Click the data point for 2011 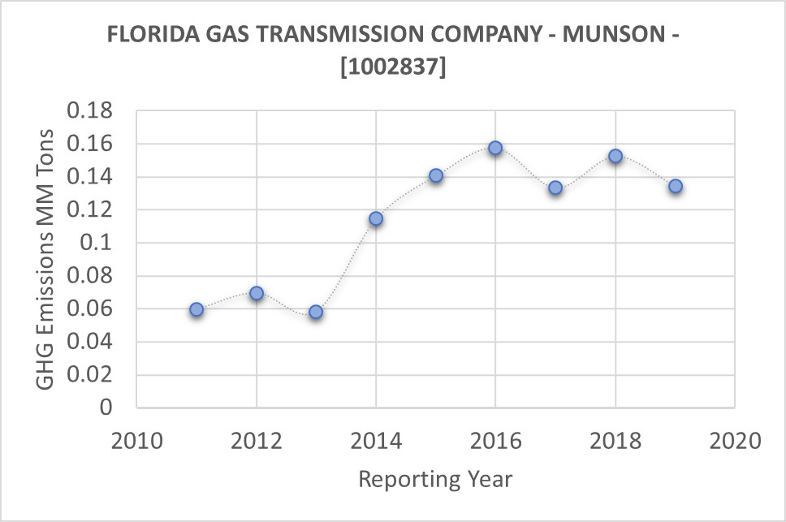pyautogui.click(x=196, y=309)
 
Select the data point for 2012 pyautogui.click(x=257, y=293)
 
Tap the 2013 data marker pyautogui.click(x=316, y=312)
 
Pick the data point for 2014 pyautogui.click(x=376, y=218)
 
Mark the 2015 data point pyautogui.click(x=436, y=175)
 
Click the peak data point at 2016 pyautogui.click(x=495, y=148)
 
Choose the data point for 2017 pyautogui.click(x=555, y=188)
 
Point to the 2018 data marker pyautogui.click(x=615, y=156)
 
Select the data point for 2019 pyautogui.click(x=676, y=186)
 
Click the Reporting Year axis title pyautogui.click(x=435, y=479)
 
